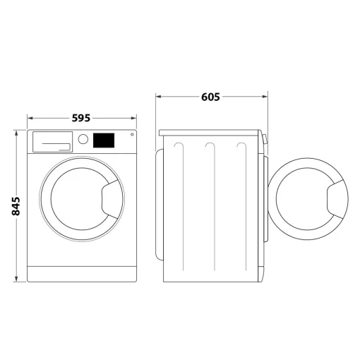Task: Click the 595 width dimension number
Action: [x=82, y=119]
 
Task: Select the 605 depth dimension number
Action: [x=210, y=97]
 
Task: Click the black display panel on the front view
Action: [x=104, y=140]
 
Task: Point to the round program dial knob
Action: [x=83, y=139]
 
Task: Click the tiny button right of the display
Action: [x=131, y=135]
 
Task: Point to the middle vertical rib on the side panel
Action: [x=210, y=205]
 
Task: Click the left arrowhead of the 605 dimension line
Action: [x=158, y=97]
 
